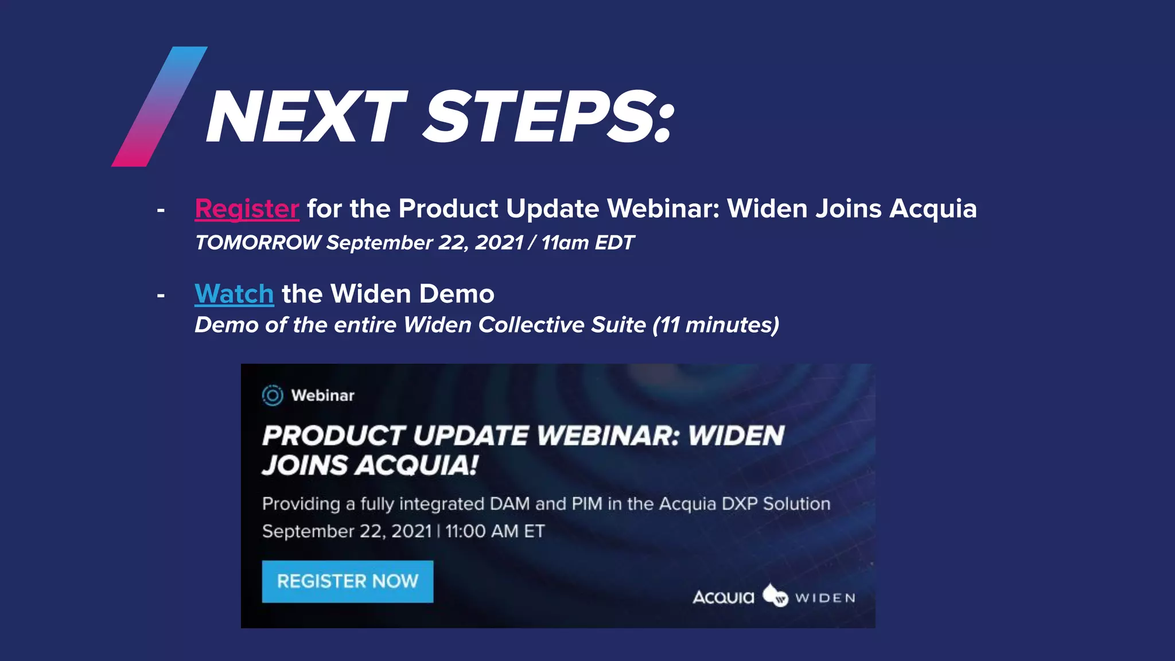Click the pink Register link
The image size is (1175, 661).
coord(247,209)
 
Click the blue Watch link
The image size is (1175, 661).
coord(234,294)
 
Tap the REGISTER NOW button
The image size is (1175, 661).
coord(347,581)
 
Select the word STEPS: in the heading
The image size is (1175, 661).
coord(548,118)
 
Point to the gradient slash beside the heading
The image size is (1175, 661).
coord(159,107)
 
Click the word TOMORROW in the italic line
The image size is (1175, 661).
coord(258,243)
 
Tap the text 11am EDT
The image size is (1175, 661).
coord(587,243)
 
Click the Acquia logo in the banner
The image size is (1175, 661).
coord(723,597)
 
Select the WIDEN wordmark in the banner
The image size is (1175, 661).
coord(825,598)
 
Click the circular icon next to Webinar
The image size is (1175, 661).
coord(273,395)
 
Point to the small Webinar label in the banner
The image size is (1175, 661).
coord(322,395)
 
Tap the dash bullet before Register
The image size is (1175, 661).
coord(161,211)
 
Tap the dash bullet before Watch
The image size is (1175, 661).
coord(161,296)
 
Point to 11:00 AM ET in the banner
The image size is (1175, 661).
coord(495,531)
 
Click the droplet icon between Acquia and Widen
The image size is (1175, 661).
coord(775,596)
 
